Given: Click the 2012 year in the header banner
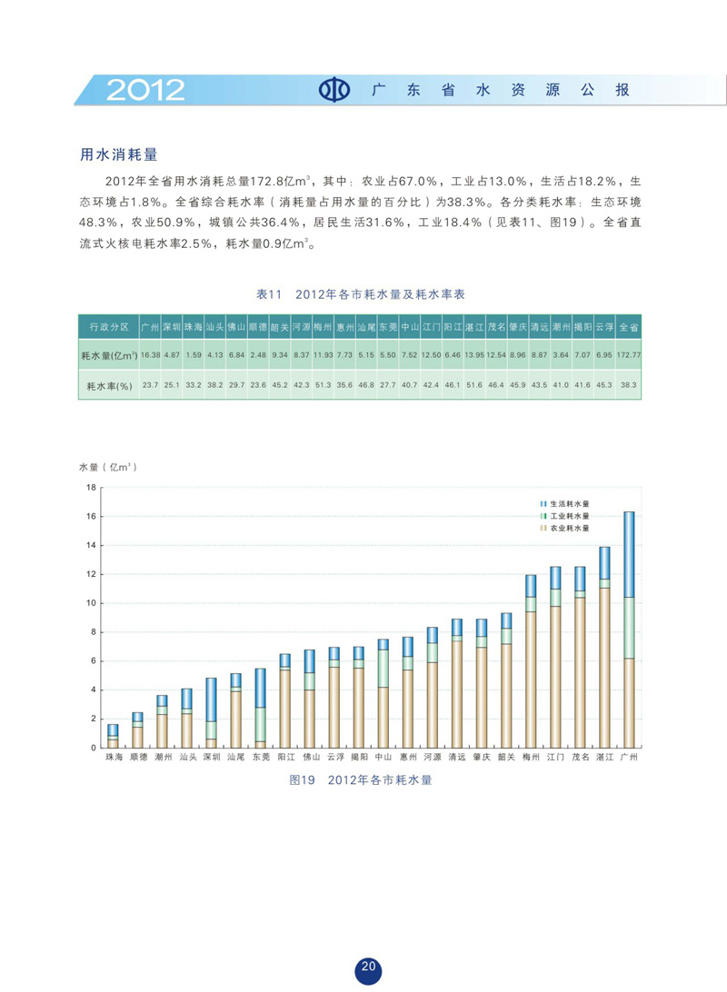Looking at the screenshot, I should tap(145, 89).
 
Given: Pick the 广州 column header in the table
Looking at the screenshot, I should tap(151, 326).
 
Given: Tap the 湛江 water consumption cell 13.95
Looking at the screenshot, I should tap(473, 355).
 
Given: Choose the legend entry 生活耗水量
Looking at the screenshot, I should tap(569, 503).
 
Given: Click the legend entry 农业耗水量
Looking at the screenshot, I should tap(569, 527).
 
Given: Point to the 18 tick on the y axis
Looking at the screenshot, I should tap(90, 488).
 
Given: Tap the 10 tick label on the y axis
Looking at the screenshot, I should tap(90, 603).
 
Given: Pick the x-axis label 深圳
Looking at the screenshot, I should tap(211, 757).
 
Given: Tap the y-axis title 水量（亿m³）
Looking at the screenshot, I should tap(108, 467).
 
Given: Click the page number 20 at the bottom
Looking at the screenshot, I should tap(368, 967).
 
